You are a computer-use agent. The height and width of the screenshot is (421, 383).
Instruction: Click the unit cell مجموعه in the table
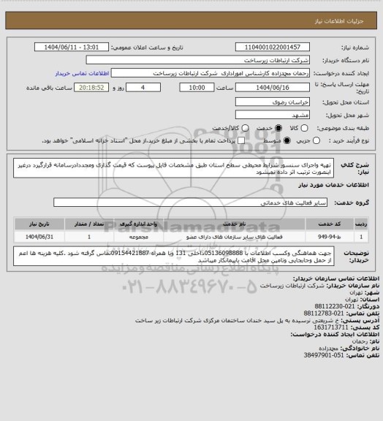click(x=136, y=237)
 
